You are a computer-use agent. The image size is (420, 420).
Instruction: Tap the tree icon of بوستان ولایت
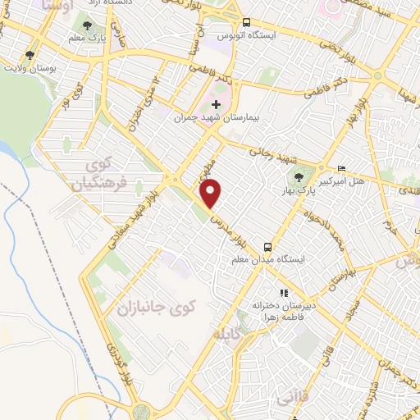click(x=30, y=55)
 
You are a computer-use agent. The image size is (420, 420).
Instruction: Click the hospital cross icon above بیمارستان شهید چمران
click(x=217, y=104)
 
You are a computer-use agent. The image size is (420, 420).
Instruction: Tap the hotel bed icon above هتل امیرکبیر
click(x=342, y=168)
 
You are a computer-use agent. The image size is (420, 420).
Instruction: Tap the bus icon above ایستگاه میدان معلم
click(x=268, y=245)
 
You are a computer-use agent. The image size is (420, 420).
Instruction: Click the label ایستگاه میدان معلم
click(x=269, y=259)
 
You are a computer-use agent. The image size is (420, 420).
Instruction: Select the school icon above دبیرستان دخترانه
click(x=284, y=292)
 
